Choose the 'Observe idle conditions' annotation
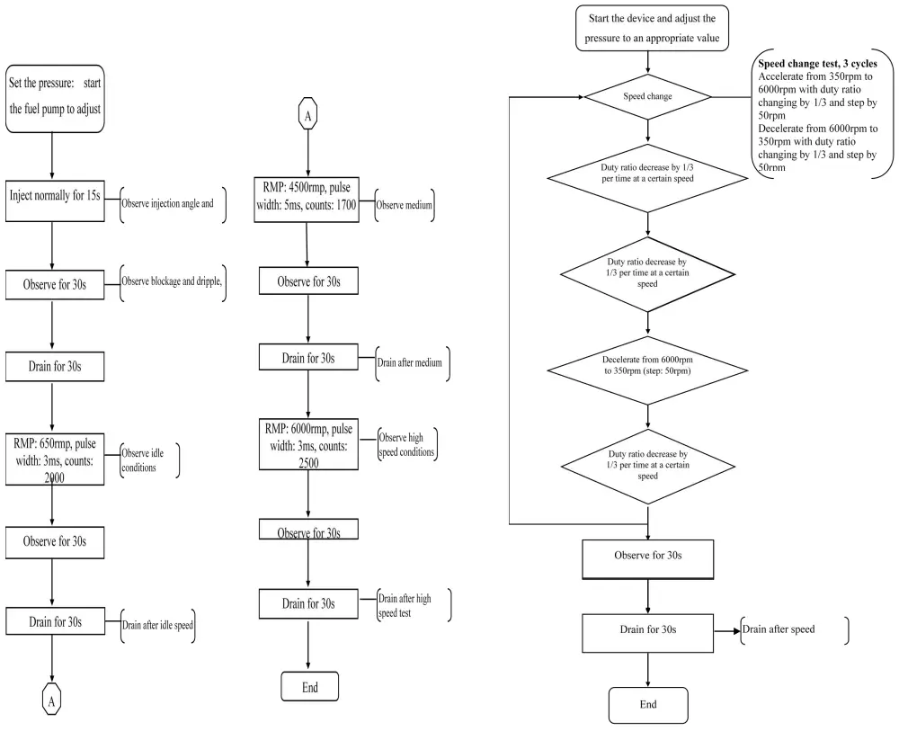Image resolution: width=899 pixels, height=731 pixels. coord(149,460)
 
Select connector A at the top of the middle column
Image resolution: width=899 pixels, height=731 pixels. coord(309,117)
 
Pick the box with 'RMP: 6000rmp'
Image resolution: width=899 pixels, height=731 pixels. coord(308,440)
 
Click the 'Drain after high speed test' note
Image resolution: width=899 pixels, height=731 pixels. coord(412,604)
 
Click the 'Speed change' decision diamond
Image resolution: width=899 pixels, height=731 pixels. coord(647,95)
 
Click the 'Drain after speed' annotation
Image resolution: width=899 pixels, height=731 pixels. coord(791,629)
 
